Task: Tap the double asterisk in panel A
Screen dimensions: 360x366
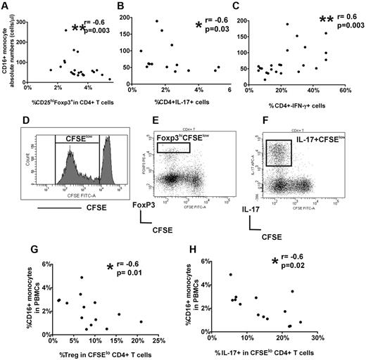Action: [x=80, y=29]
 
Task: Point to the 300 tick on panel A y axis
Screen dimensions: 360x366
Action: [x=32, y=21]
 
